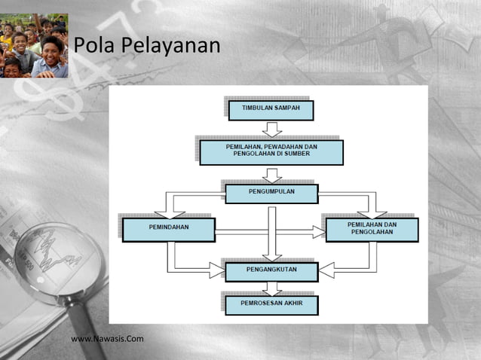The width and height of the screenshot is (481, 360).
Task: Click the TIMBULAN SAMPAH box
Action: [270, 110]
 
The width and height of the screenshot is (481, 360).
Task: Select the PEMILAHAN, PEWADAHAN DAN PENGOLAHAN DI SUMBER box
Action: [271, 152]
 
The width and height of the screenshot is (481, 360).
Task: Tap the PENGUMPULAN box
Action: [271, 194]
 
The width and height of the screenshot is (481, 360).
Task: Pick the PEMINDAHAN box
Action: [168, 230]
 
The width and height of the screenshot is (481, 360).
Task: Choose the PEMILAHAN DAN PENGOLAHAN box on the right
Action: [372, 230]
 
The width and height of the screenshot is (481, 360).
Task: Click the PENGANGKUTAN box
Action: [271, 271]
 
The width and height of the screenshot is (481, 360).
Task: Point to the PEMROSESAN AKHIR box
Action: [271, 304]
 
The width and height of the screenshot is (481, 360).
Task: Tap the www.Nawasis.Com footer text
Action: [107, 339]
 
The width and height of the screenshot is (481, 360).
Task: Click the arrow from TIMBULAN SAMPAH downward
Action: [271, 129]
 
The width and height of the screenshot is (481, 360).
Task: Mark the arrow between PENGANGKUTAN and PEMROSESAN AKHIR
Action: [271, 288]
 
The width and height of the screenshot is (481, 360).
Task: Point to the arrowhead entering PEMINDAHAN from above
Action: [169, 212]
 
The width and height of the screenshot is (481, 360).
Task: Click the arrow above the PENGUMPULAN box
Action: [271, 175]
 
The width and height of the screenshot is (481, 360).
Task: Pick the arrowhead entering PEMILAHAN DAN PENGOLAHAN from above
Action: [372, 212]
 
